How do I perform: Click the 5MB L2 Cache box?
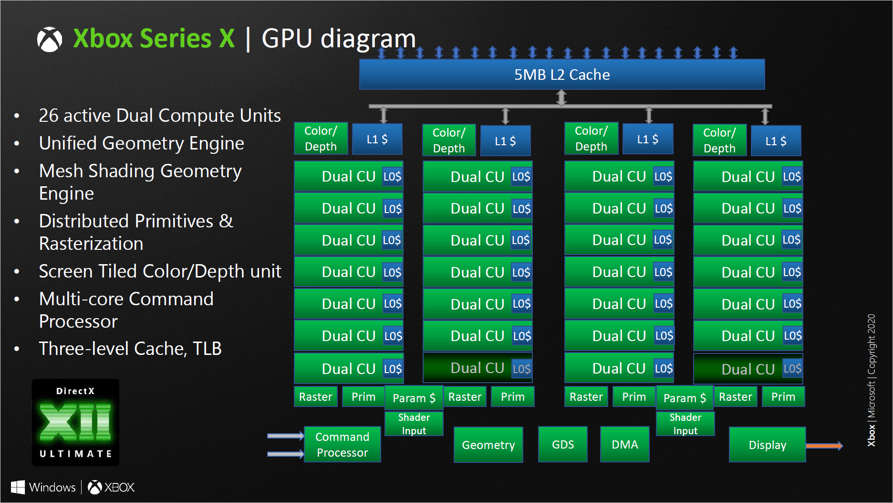(x=561, y=75)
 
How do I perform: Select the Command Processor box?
(x=342, y=445)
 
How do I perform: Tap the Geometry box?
(x=488, y=445)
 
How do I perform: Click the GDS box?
(x=562, y=445)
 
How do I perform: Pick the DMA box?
(x=624, y=445)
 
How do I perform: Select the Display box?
(x=767, y=445)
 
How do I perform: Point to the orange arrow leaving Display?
(x=824, y=446)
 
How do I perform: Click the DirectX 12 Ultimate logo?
(x=75, y=422)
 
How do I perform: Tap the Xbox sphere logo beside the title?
(x=50, y=39)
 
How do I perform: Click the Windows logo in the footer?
(x=18, y=487)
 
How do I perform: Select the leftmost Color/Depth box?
(x=321, y=139)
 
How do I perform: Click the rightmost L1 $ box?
(x=776, y=141)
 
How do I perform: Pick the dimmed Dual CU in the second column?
(x=477, y=368)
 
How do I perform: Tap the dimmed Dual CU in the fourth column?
(x=748, y=369)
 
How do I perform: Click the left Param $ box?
(x=414, y=398)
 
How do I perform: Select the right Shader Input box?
(x=685, y=424)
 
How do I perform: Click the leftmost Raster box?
(x=315, y=397)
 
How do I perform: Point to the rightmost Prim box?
(x=783, y=397)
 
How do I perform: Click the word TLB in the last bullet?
(x=207, y=349)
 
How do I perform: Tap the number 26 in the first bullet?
(x=48, y=116)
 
